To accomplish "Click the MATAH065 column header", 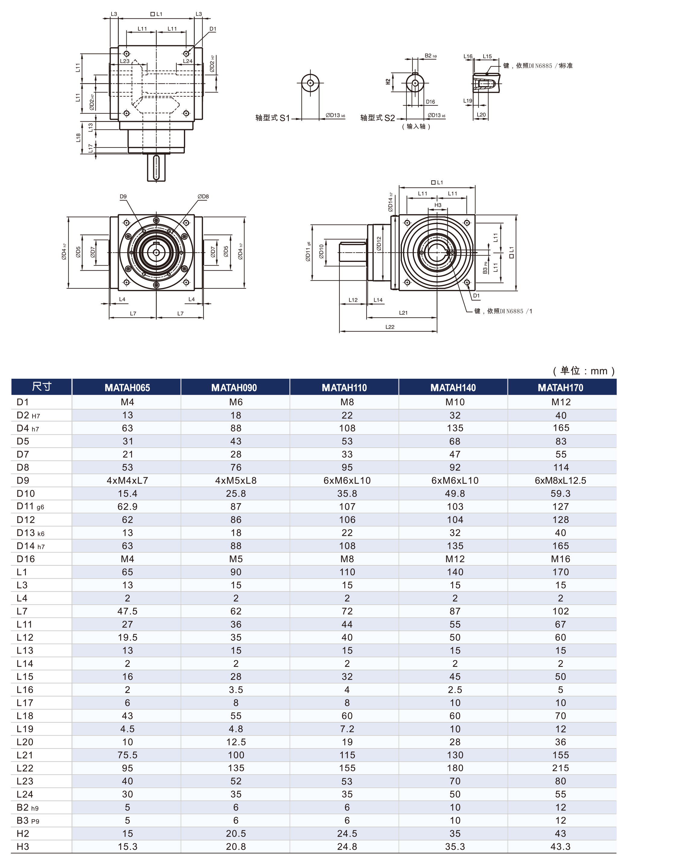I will tap(127, 387).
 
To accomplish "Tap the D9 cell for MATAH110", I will tap(347, 480).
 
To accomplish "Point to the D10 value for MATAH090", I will tap(236, 493).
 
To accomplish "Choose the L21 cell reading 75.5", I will tap(127, 755).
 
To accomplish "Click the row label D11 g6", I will tap(30, 507).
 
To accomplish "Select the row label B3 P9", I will tap(28, 820).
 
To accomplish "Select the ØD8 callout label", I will tap(203, 197).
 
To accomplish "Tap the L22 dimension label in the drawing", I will tap(390, 327).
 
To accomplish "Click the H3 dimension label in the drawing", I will tap(438, 205).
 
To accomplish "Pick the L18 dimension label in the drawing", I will tap(78, 138).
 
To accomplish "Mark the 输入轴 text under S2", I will tap(416, 126).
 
